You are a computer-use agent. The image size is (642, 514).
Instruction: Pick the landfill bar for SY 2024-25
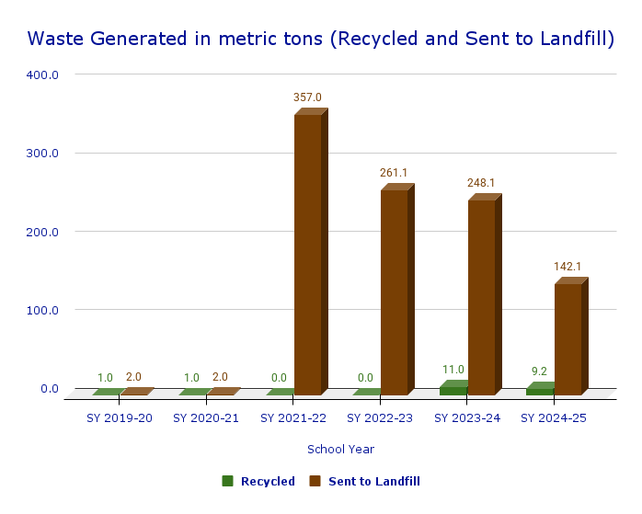pyautogui.click(x=567, y=339)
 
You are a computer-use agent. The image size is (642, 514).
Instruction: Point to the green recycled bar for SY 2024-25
pyautogui.click(x=540, y=391)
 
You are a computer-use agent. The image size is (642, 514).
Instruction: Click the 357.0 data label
pyautogui.click(x=307, y=97)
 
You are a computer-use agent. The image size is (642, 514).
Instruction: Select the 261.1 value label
pyautogui.click(x=394, y=173)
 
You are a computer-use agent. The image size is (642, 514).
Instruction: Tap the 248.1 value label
pyautogui.click(x=481, y=183)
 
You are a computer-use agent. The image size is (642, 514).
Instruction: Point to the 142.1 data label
pyautogui.click(x=567, y=267)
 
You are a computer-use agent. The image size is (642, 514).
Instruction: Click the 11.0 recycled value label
pyautogui.click(x=453, y=370)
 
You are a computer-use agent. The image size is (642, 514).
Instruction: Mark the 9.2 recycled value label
pyautogui.click(x=539, y=371)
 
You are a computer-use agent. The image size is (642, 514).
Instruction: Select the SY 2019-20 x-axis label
pyautogui.click(x=120, y=417)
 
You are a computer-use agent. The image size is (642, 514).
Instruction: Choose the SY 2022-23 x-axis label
pyautogui.click(x=380, y=417)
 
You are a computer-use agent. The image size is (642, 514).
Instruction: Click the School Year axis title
pyautogui.click(x=340, y=450)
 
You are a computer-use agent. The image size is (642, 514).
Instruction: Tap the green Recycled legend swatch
pyautogui.click(x=228, y=481)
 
